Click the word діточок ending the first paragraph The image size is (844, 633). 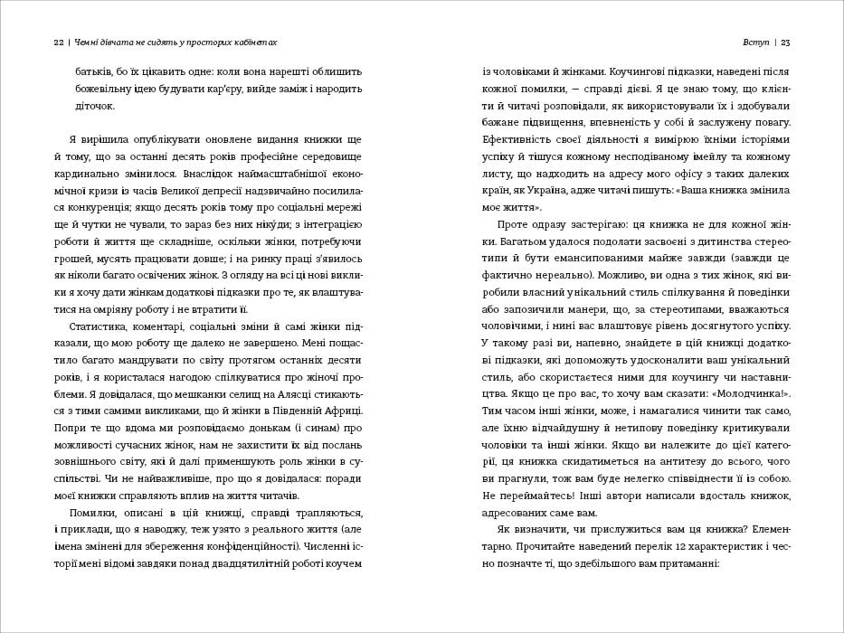tap(94, 106)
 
